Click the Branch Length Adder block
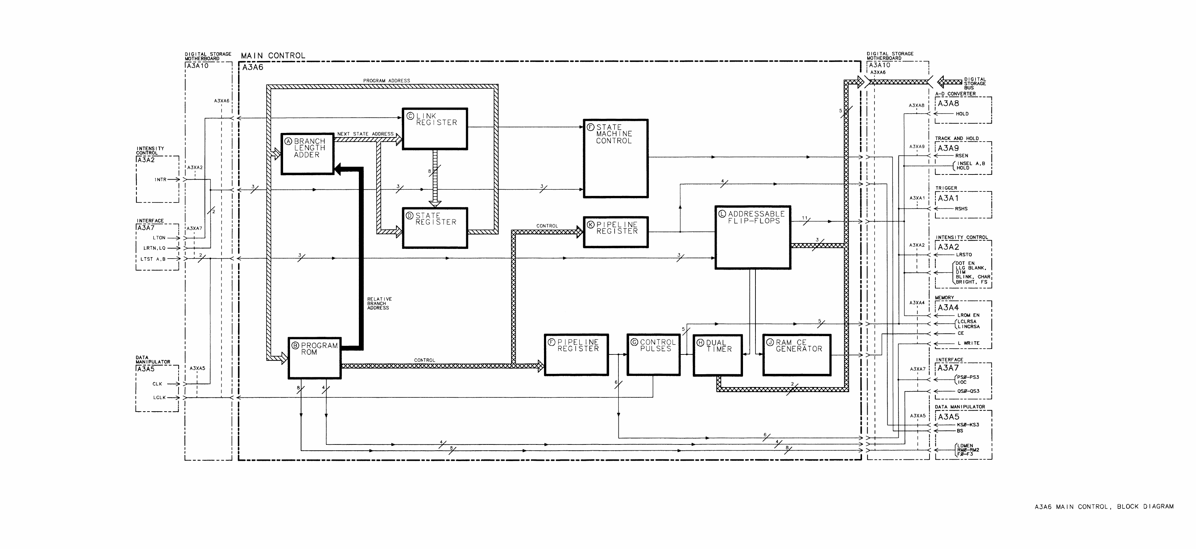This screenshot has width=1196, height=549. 307,154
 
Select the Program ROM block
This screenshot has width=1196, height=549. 314,358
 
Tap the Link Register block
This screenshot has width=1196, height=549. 435,129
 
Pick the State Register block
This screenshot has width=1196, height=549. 435,227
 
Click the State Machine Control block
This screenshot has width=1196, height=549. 616,159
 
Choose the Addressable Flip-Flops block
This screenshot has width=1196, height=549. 753,237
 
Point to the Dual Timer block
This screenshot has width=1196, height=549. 717,355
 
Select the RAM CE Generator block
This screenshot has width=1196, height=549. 797,355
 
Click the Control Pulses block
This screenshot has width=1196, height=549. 653,354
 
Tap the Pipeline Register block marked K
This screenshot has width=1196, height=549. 616,231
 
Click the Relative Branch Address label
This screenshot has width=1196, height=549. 379,303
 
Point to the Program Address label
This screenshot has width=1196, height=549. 386,81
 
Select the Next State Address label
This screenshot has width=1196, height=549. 365,134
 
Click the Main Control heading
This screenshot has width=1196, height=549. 273,56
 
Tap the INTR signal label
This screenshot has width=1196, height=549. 160,179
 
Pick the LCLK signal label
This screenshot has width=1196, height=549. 159,398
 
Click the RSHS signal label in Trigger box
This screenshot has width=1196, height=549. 961,208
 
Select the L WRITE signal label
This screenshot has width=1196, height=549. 968,343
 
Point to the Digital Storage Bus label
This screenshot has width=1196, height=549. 975,84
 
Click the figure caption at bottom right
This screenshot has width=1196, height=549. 1104,507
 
